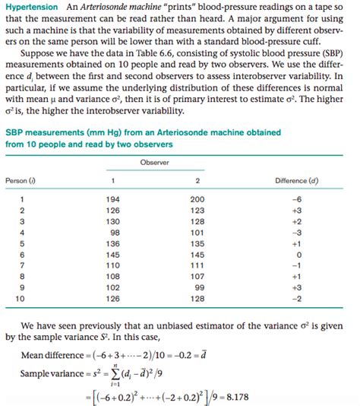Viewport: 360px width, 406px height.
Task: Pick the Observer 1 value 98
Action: pyautogui.click(x=115, y=232)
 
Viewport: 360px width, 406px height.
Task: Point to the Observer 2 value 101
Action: pyautogui.click(x=197, y=232)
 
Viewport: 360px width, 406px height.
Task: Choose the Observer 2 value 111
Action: pyautogui.click(x=197, y=265)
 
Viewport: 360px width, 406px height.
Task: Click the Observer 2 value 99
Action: pyautogui.click(x=198, y=288)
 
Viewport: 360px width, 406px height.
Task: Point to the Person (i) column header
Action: pyautogui.click(x=21, y=180)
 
